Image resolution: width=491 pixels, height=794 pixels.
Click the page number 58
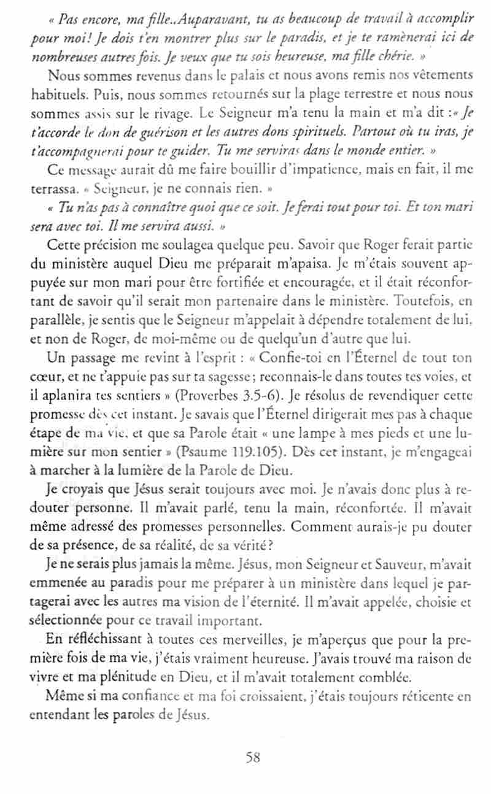[253, 758]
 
